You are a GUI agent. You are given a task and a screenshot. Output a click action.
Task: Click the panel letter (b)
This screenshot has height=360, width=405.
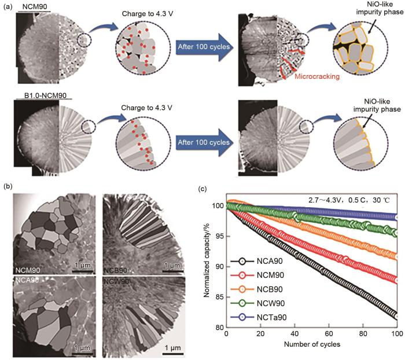(9, 188)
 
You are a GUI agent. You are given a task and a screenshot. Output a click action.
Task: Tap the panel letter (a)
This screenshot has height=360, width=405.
(9, 10)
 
